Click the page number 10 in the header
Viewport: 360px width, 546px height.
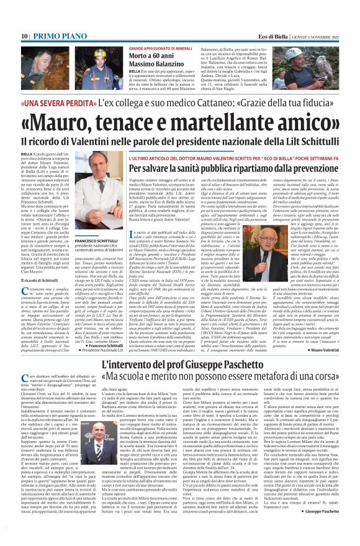[24, 37]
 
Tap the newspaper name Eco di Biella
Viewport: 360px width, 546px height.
[274, 37]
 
